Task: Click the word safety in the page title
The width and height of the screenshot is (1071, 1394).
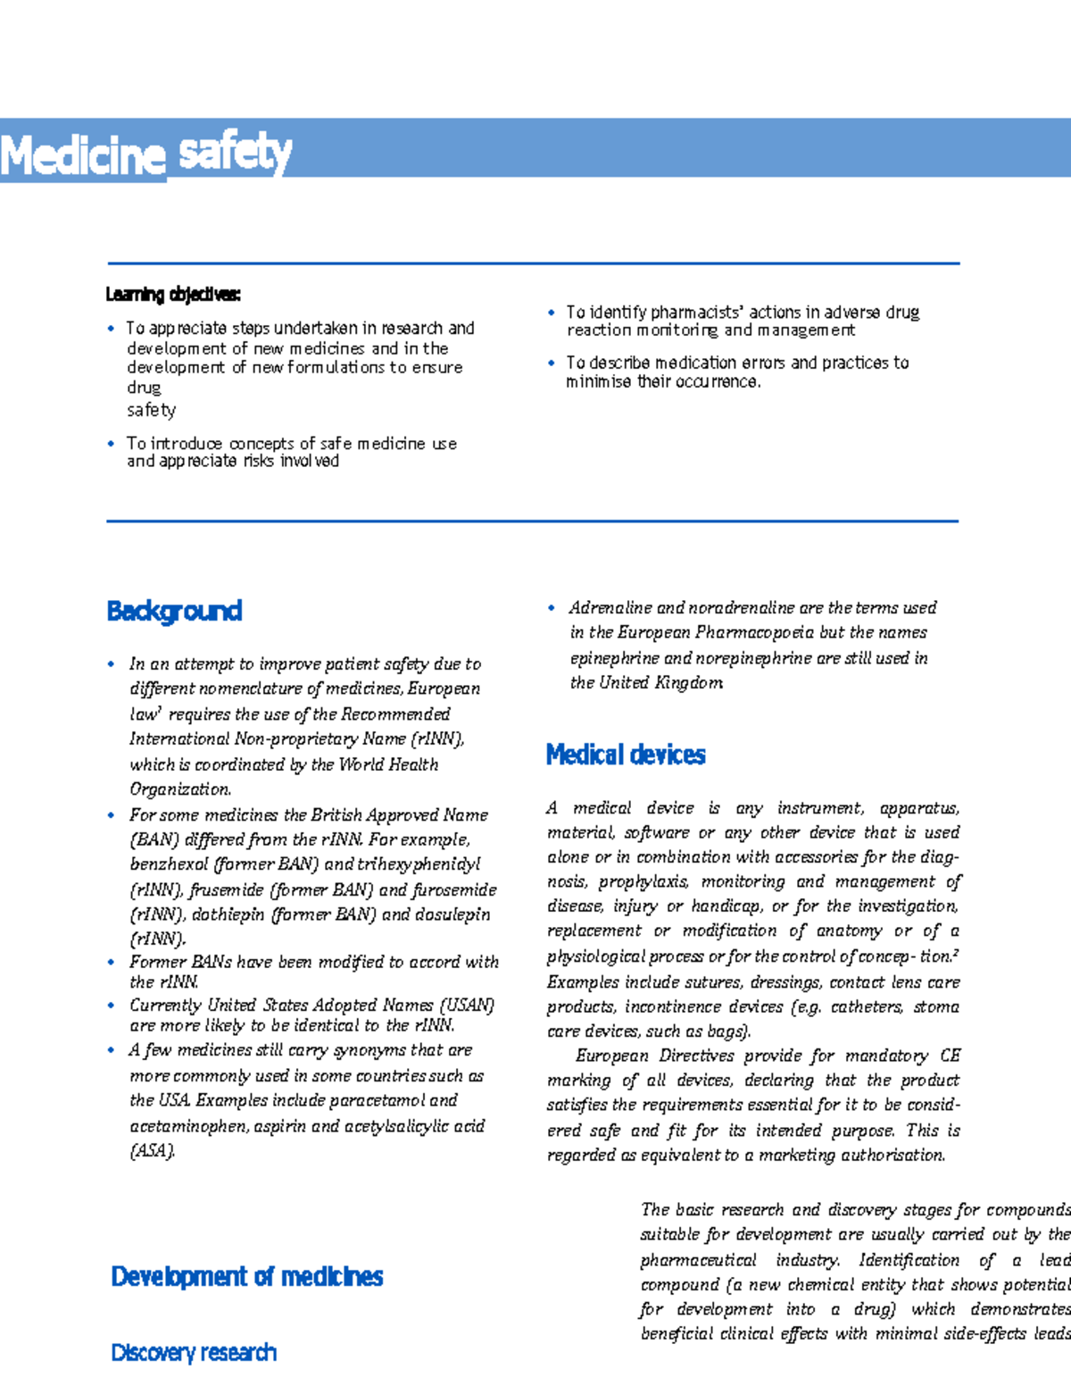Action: (x=235, y=153)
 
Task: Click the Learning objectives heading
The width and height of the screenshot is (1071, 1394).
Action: (x=172, y=294)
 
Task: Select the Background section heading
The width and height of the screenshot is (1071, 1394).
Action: (x=174, y=611)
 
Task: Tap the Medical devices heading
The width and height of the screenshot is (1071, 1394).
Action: (x=625, y=755)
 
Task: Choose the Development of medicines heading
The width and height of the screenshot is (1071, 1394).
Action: (x=246, y=1276)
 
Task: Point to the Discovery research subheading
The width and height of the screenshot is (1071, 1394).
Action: (x=194, y=1352)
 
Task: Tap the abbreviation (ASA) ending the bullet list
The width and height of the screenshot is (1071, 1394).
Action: (x=152, y=1150)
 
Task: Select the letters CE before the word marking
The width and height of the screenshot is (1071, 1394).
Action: (x=950, y=1056)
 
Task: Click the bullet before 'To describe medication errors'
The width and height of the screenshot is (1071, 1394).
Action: (x=552, y=363)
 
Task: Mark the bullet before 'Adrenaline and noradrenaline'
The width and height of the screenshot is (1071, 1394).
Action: (x=552, y=608)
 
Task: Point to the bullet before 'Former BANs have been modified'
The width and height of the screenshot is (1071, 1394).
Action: (x=111, y=962)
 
